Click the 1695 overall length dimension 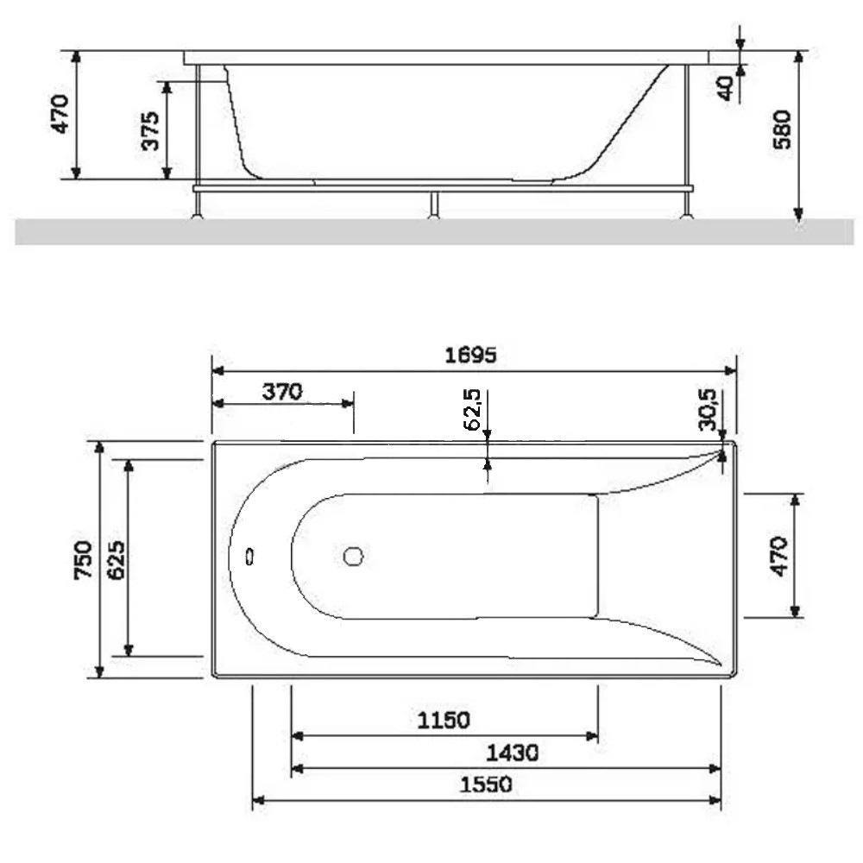point(470,355)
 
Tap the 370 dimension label point(282,392)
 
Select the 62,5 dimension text point(473,409)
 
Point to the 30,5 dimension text point(708,409)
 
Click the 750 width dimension point(83,560)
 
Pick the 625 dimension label point(117,560)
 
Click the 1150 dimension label point(444,721)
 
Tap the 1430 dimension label point(512,753)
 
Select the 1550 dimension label point(486,784)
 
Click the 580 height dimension point(782,130)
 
